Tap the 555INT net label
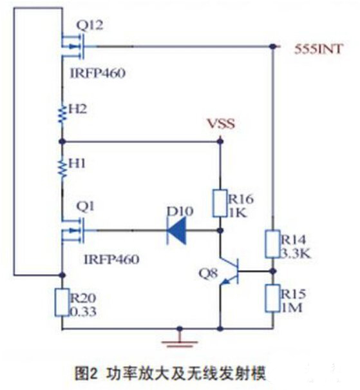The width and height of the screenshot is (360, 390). [x=319, y=48]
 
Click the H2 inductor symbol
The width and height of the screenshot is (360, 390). [x=62, y=113]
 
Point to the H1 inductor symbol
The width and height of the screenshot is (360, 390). [x=62, y=167]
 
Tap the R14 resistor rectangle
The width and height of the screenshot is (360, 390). [x=273, y=244]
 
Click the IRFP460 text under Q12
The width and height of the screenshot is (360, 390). [x=97, y=73]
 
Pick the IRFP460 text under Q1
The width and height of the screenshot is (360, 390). [x=111, y=258]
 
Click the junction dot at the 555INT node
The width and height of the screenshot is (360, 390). [x=273, y=46]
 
